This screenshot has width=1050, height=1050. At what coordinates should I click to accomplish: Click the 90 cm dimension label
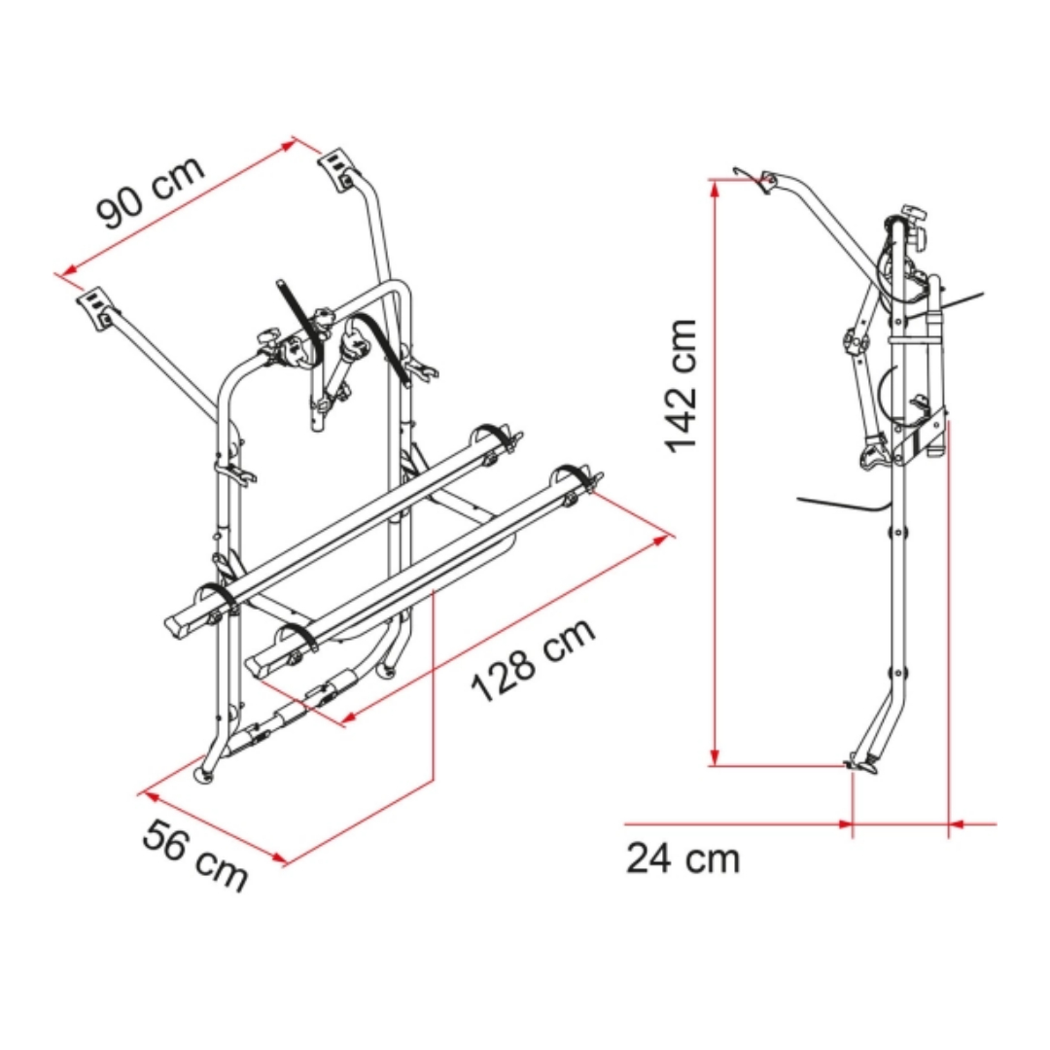(x=151, y=192)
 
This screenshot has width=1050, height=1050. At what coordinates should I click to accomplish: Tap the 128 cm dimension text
(x=533, y=659)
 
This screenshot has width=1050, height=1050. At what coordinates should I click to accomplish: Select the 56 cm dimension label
(x=194, y=856)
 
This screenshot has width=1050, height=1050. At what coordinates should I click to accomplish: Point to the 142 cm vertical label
(x=681, y=386)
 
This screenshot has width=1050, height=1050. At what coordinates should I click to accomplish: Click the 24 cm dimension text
(x=683, y=857)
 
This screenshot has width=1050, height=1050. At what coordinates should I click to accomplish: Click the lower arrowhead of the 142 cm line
(x=716, y=756)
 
